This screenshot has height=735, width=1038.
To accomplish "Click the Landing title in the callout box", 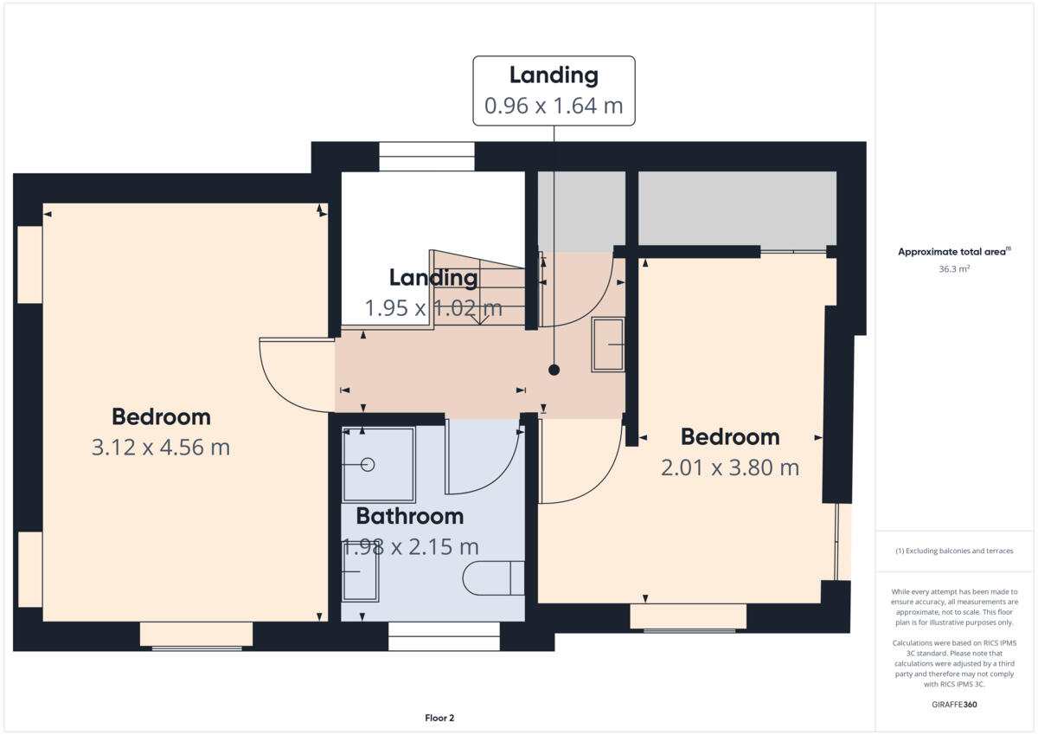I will coord(554,75).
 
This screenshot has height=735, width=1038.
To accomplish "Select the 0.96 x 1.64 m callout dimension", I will coord(554,106).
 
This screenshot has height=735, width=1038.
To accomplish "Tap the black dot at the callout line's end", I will coord(554,370).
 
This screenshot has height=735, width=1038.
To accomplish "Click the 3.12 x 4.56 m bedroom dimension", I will coord(161,448).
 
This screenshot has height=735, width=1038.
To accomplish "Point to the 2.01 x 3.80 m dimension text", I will coord(729,468).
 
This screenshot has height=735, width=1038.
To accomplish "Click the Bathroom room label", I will coord(410,517).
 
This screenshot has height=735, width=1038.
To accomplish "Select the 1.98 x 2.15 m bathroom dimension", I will coord(411,547).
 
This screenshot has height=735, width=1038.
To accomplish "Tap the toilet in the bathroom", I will coord(493,578).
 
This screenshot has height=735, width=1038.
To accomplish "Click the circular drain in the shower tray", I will coord(368,464).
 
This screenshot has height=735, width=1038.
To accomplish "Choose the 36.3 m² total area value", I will coord(954,269).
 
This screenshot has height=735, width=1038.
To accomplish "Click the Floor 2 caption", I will coord(439,718).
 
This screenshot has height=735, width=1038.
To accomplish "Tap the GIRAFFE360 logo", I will coord(954,705).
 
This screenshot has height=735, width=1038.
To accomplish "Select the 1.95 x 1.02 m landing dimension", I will coord(432,308).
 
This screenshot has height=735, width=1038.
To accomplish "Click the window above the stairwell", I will coord(426,157).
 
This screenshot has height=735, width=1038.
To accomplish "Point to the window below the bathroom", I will coord(444,636).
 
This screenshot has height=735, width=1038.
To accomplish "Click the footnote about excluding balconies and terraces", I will coord(954,551).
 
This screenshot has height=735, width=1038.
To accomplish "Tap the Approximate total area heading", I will coord(954,252).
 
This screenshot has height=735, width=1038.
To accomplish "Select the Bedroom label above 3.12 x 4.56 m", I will coord(161,417).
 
